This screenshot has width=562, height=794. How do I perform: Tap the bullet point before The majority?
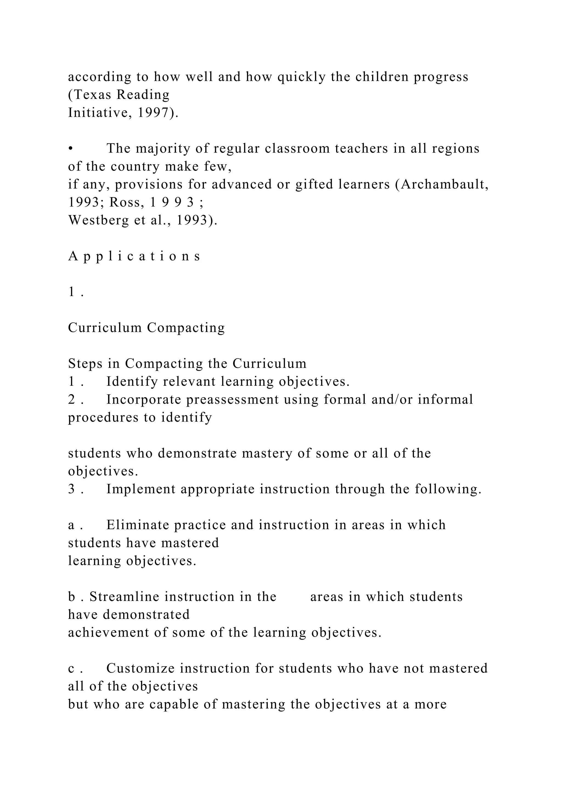click(x=70, y=149)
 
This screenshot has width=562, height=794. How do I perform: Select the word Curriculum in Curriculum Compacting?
click(x=105, y=327)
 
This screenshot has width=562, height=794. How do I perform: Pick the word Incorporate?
click(x=144, y=399)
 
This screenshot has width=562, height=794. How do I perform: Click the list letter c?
click(x=71, y=669)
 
